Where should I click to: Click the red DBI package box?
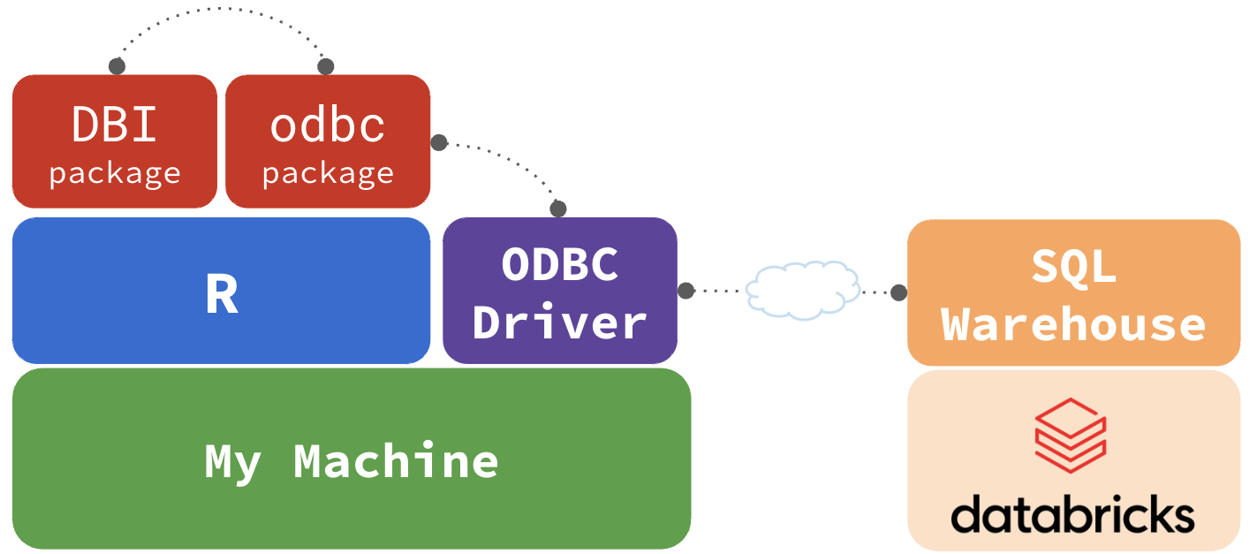(115, 141)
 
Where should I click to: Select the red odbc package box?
(328, 141)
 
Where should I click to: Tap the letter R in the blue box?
(222, 295)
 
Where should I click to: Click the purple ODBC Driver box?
(560, 291)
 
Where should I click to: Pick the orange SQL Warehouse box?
(1073, 292)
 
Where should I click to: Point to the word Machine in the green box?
(396, 460)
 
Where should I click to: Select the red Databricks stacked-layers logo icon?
(1072, 436)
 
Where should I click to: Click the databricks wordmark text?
(1072, 513)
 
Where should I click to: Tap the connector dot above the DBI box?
(117, 66)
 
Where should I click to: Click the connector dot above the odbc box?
(326, 66)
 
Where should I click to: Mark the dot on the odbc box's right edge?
(438, 142)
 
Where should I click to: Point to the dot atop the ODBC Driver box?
(558, 209)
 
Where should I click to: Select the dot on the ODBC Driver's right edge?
(686, 290)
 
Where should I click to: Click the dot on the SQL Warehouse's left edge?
(899, 292)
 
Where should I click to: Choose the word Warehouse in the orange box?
(1073, 323)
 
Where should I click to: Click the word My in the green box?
(232, 460)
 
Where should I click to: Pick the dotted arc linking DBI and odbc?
(221, 10)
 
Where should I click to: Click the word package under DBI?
(115, 173)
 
